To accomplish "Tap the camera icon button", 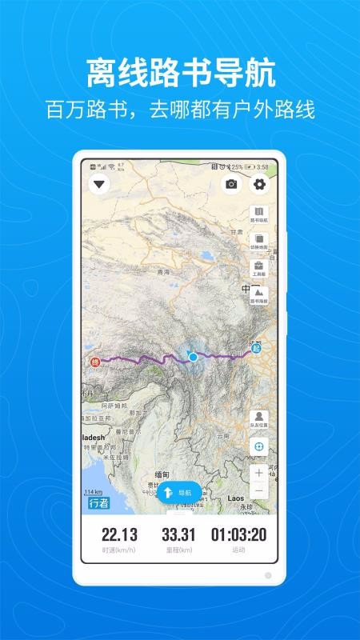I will pos(231,184).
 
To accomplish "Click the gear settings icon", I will pos(259,184).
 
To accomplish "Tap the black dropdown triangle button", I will pos(99,185).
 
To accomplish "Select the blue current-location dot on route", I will pos(193,357).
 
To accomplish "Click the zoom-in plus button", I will pos(258,473).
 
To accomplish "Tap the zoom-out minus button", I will pos(258,490).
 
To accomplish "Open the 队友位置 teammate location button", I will pos(258,419).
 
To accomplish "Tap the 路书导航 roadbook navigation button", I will pos(258,214).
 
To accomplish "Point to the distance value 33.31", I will pos(178,536).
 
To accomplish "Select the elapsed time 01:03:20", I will pos(238,536).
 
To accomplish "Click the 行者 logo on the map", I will pos(98,503).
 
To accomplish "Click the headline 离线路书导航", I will pos(180,74).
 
